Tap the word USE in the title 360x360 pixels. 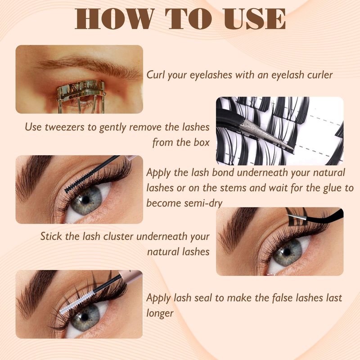255,18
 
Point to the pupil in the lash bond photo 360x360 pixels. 85,199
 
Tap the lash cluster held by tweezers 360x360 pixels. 297,218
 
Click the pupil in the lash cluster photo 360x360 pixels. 287,252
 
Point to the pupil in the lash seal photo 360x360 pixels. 85,317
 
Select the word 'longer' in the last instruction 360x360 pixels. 160,314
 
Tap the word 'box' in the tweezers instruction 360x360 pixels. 201,143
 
